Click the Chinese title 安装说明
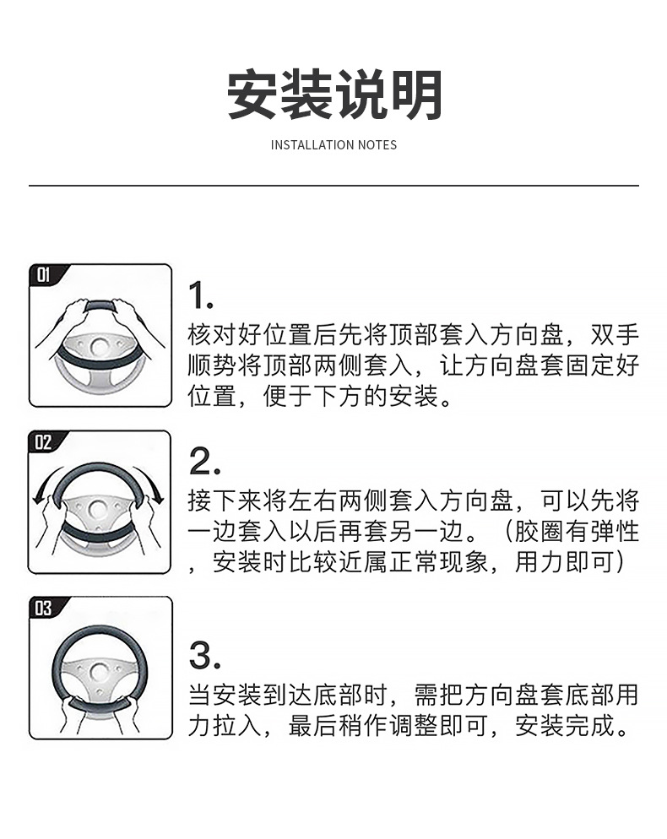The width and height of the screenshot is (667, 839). (x=334, y=96)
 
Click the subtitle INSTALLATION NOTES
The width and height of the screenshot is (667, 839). (x=333, y=145)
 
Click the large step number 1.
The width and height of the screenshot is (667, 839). (x=200, y=296)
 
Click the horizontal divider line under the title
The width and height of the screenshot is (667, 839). (x=333, y=185)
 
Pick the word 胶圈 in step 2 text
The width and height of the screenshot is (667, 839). (x=538, y=532)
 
